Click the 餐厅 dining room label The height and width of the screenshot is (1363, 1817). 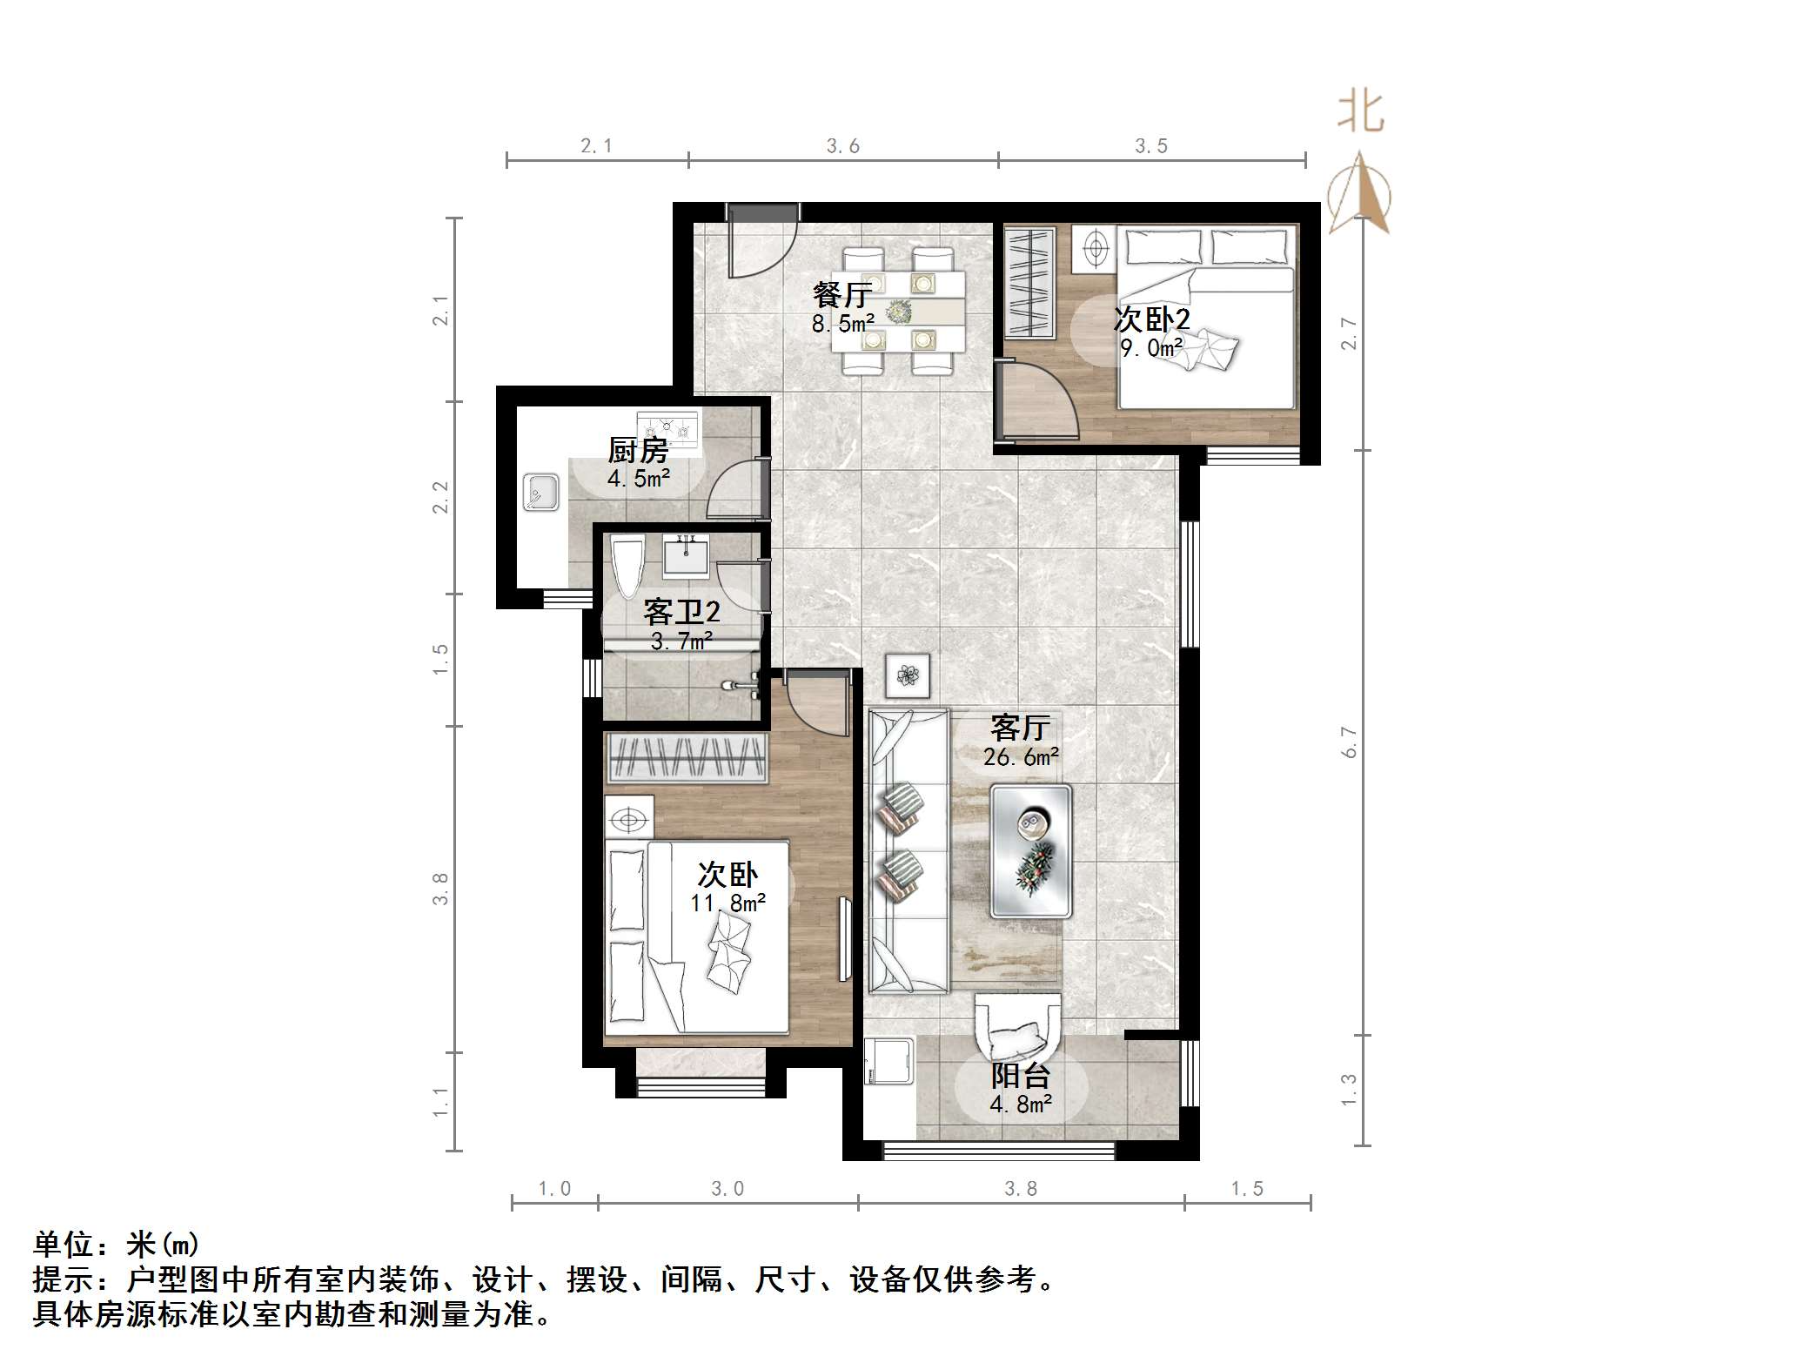[841, 295]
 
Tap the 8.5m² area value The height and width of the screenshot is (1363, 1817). [842, 325]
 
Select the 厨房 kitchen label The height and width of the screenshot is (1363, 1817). [638, 450]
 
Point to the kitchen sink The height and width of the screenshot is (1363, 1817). [540, 493]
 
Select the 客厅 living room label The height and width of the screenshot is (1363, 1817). [1021, 727]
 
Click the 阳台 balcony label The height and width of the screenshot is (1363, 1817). [1021, 1076]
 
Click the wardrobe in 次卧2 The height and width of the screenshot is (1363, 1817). [1029, 283]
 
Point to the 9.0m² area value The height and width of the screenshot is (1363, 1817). [1150, 348]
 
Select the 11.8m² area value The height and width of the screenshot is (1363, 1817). [728, 903]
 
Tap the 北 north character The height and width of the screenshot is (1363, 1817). [1361, 113]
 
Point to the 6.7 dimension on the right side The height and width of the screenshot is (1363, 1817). [1349, 742]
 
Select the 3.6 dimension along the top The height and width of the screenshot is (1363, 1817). [842, 146]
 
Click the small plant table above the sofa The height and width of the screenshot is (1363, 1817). [908, 675]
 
